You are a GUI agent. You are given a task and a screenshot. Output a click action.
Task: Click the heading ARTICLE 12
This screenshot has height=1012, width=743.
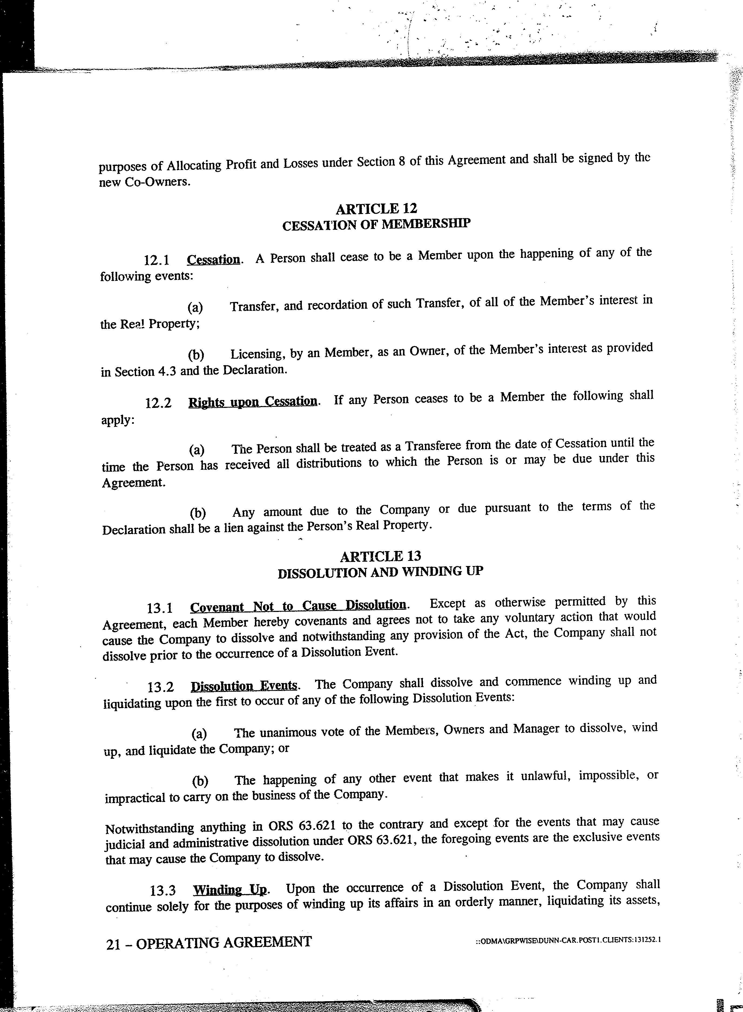pos(376,208)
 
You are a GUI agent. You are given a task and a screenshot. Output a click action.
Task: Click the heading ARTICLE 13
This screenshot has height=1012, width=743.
pos(380,557)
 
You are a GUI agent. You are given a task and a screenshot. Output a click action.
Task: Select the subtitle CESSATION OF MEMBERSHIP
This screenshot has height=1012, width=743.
pos(376,225)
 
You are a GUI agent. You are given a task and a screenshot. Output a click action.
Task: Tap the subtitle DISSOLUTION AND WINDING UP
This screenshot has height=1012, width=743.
pos(380,572)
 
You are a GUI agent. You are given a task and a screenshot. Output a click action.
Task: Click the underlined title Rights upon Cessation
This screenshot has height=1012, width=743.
pos(253,401)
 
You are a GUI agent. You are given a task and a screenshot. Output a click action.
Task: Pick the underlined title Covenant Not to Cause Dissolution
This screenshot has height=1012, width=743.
pos(298,606)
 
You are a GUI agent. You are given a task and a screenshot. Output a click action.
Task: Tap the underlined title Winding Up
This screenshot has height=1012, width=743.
pos(230,890)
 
